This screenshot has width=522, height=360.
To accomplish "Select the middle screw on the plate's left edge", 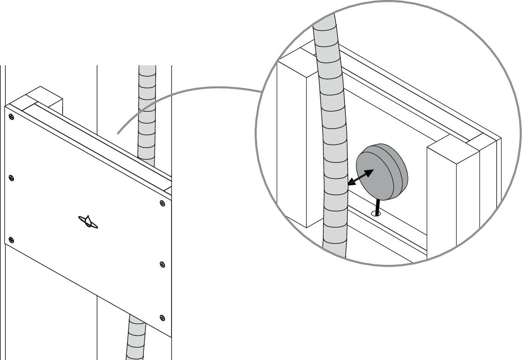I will (11, 178).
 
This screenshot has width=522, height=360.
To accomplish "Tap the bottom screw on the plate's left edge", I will (11, 239).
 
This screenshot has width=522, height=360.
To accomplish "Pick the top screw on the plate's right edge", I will (161, 203).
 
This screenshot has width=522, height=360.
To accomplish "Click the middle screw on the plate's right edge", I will (161, 264).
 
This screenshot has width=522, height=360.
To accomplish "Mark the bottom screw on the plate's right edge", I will (161, 317).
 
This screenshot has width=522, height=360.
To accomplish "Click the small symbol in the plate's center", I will (88, 222).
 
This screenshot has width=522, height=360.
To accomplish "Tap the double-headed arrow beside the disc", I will (360, 177).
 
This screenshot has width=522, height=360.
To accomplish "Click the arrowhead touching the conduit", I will (350, 183).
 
